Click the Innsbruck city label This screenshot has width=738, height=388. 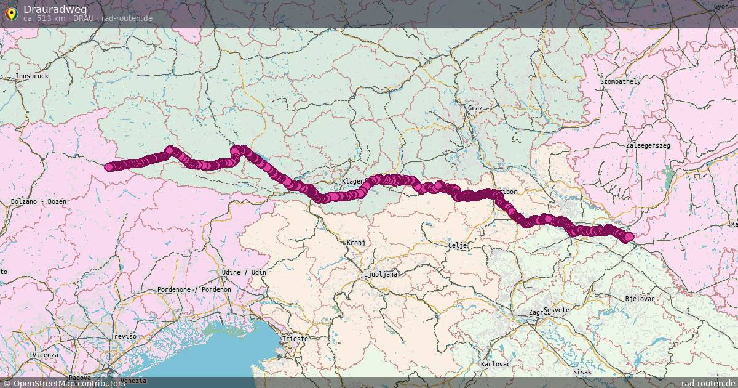[31, 76]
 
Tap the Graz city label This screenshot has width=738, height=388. [475, 108]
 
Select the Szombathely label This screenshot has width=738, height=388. [621, 81]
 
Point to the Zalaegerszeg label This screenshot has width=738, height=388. [648, 145]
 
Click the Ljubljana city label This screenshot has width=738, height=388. [381, 274]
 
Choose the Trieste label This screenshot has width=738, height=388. [294, 339]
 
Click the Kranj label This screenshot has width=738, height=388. [356, 243]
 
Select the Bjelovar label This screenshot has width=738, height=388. [640, 299]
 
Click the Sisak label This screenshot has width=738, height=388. [581, 373]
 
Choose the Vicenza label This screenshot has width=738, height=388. [46, 355]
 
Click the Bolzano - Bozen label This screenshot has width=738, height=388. [38, 202]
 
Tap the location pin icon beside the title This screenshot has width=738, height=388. [11, 12]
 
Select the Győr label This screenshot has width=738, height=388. [720, 6]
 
